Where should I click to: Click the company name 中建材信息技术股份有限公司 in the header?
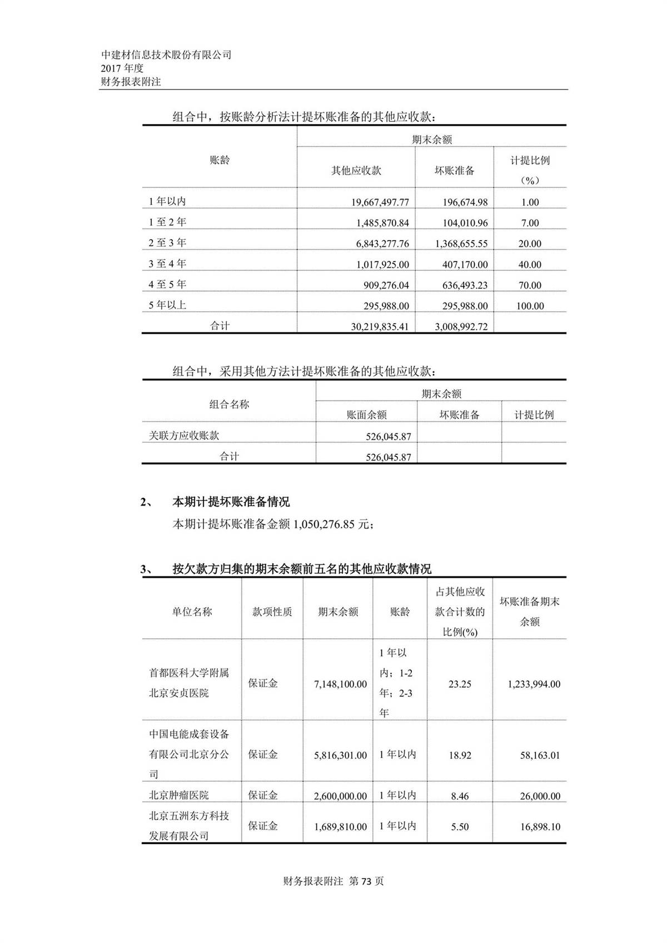click(x=166, y=54)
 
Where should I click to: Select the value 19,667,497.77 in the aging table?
click(x=380, y=202)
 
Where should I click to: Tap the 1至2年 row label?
click(x=167, y=222)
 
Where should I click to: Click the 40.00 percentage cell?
click(x=530, y=265)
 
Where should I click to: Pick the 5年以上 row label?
click(x=167, y=305)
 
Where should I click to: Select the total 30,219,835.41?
click(x=380, y=326)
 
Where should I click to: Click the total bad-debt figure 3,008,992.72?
click(x=461, y=326)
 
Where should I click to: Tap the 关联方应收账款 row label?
click(x=180, y=435)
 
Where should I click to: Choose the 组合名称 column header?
click(x=229, y=404)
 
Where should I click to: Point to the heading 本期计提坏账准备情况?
click(x=231, y=502)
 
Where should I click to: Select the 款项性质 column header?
click(x=272, y=612)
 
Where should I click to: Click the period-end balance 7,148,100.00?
click(x=340, y=684)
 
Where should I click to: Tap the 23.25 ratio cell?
click(x=460, y=684)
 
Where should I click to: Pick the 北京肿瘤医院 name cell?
click(x=179, y=795)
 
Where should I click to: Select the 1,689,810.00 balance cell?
click(x=340, y=827)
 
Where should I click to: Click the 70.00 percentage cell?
click(x=530, y=285)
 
